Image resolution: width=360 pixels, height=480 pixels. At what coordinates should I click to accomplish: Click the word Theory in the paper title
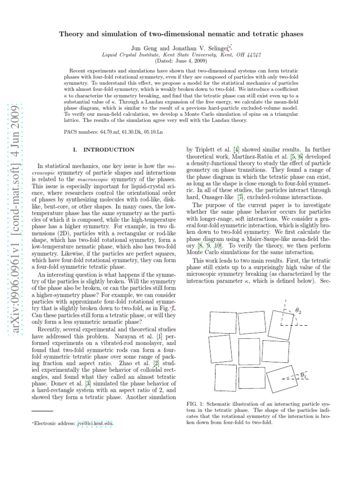coord(70,34)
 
